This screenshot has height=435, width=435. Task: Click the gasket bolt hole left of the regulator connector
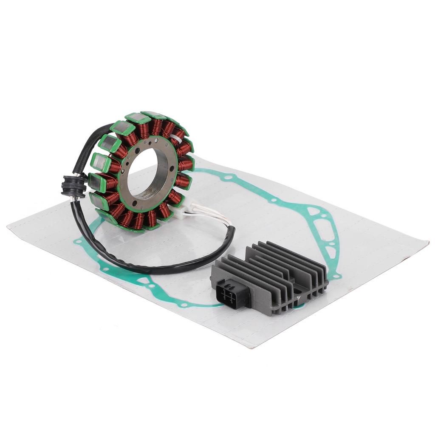[x=184, y=304]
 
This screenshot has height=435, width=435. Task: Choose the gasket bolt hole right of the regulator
[x=337, y=276]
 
